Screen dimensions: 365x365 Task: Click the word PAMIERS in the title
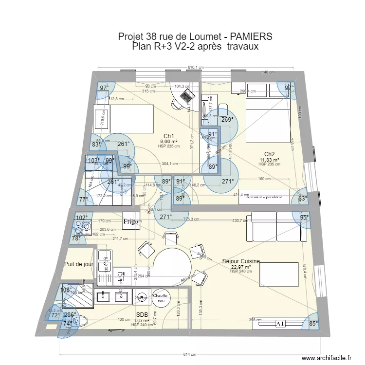(246, 37)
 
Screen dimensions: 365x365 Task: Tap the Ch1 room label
(169, 136)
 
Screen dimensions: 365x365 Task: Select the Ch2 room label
(270, 154)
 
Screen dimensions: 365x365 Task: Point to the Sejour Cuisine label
(241, 261)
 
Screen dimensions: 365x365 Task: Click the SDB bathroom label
(142, 315)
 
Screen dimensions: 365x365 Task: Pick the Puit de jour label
(78, 264)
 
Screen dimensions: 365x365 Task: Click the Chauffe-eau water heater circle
(161, 298)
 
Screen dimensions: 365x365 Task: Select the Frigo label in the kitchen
(130, 221)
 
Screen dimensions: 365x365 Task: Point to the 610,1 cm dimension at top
(195, 68)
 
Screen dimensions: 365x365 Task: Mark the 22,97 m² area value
(241, 267)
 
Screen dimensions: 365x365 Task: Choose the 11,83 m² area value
(269, 160)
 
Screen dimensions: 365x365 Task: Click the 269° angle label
(227, 119)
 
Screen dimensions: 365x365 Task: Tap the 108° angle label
(66, 290)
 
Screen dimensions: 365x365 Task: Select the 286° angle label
(70, 315)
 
